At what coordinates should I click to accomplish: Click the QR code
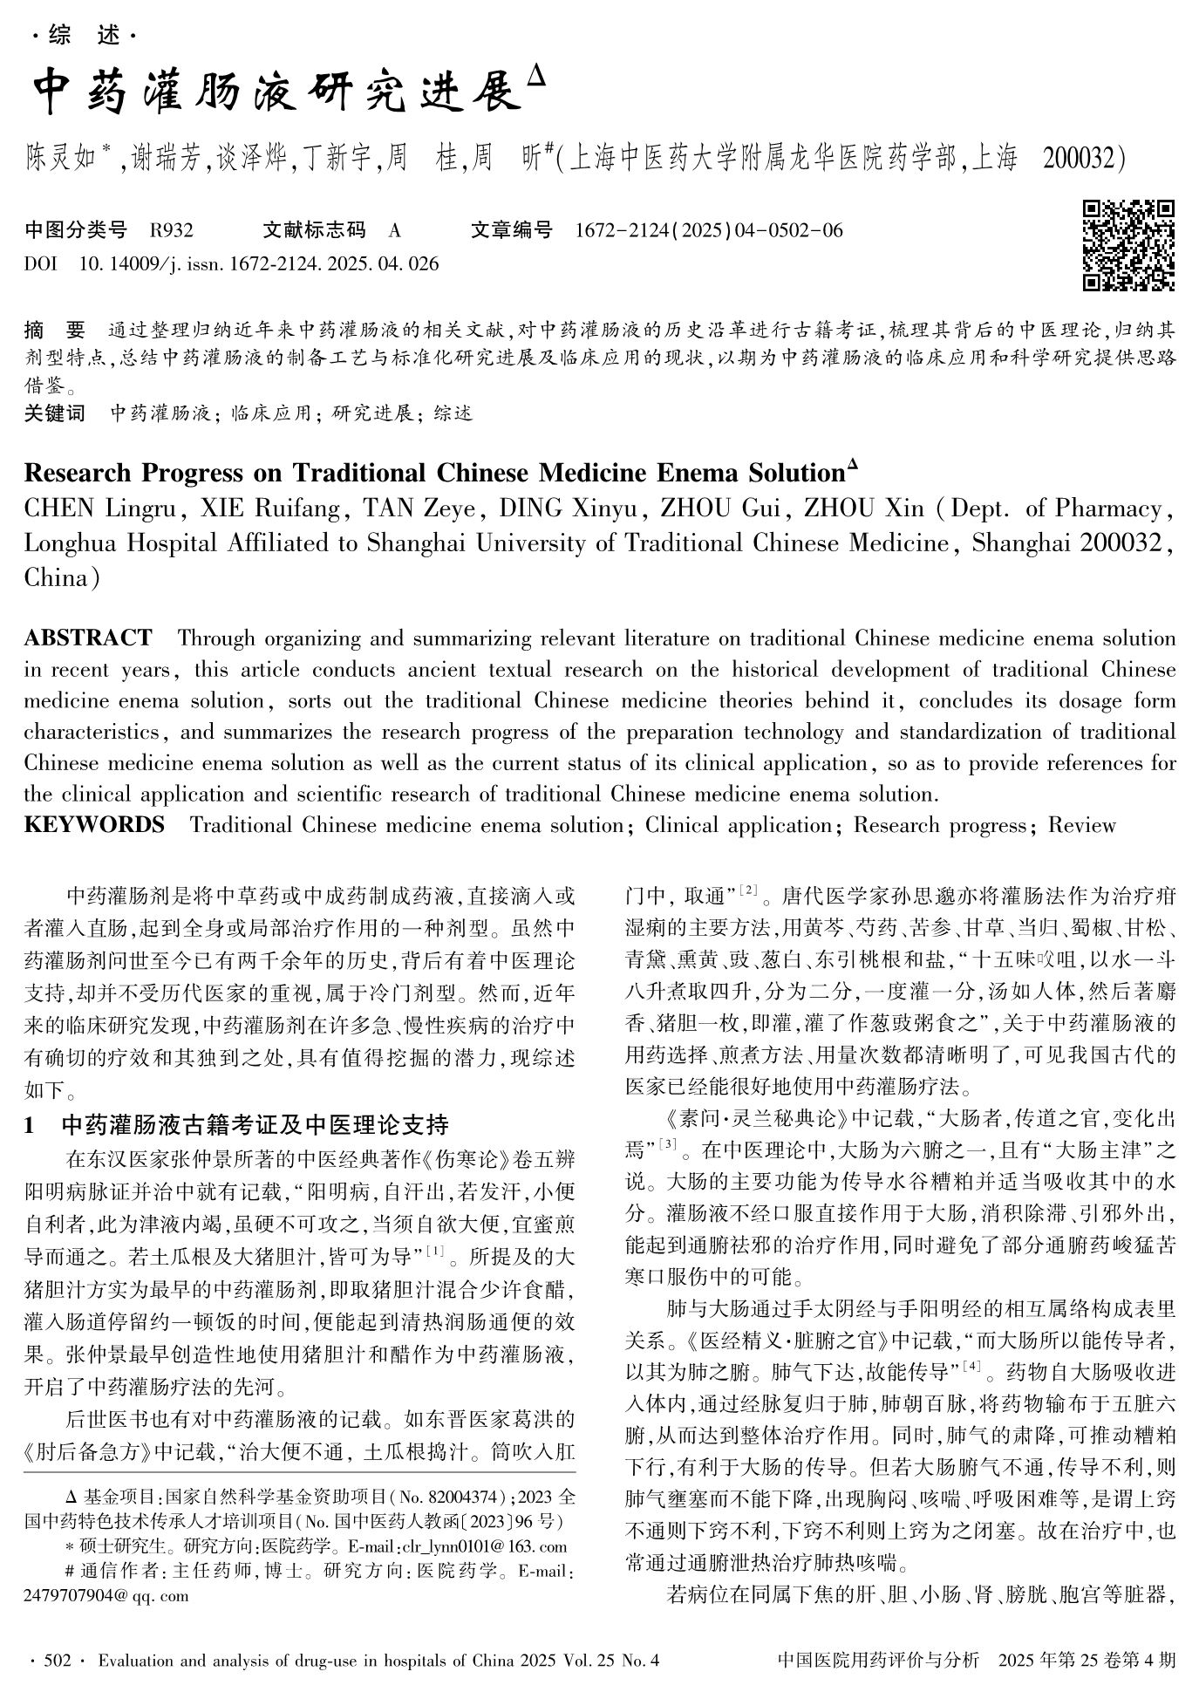click(1128, 245)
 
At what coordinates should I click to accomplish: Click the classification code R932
click(171, 230)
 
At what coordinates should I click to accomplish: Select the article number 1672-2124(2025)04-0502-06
click(709, 230)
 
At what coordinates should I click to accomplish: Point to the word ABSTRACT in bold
click(88, 638)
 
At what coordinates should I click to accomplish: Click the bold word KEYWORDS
click(94, 825)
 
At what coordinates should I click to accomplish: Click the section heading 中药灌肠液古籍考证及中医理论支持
click(255, 1125)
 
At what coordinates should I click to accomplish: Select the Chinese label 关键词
click(55, 413)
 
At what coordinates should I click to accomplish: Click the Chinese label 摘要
click(55, 331)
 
